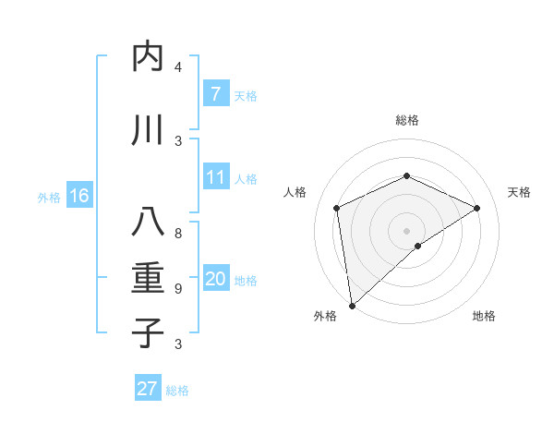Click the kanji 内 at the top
tap(148, 57)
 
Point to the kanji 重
tap(148, 278)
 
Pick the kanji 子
tap(148, 332)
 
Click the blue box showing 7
tap(215, 94)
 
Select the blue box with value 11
tap(215, 178)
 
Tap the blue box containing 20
tap(215, 280)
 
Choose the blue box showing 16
tap(79, 196)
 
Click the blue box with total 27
tap(148, 389)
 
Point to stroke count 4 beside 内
tap(178, 67)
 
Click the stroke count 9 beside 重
tap(178, 289)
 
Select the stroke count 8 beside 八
tap(178, 234)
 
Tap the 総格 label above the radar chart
tap(406, 120)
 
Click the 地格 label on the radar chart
tap(484, 316)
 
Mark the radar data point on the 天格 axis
tap(477, 208)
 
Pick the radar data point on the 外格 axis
tap(351, 306)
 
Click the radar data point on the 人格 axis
tap(337, 208)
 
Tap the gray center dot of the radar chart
tap(406, 230)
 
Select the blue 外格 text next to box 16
tap(48, 197)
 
